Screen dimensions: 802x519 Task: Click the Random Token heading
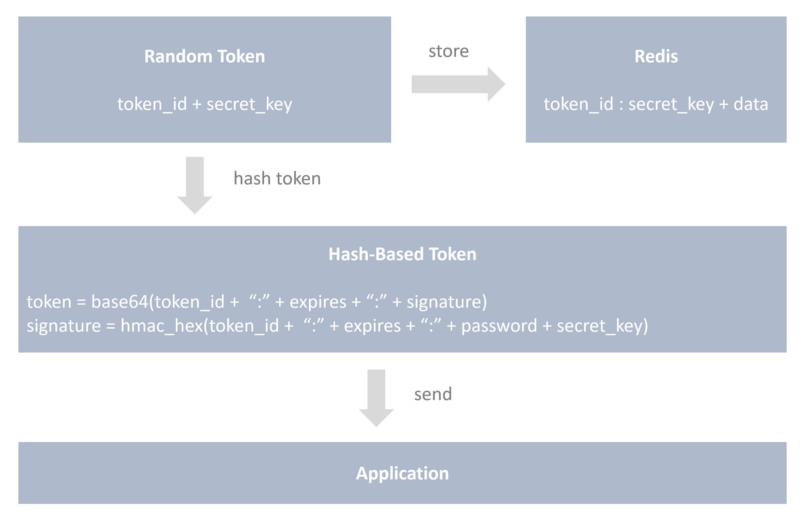click(x=204, y=56)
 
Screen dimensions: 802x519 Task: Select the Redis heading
click(x=656, y=56)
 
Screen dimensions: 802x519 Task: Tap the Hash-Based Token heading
click(x=402, y=254)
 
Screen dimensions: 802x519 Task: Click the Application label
click(x=402, y=473)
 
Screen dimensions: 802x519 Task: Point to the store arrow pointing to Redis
click(x=458, y=84)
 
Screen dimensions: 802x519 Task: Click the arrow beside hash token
click(x=195, y=185)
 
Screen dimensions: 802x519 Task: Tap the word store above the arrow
click(x=448, y=52)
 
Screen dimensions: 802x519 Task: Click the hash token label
click(x=277, y=178)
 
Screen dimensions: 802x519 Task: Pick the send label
click(x=433, y=394)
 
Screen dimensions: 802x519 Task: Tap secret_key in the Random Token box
click(x=249, y=104)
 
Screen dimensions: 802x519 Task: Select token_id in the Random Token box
click(x=152, y=104)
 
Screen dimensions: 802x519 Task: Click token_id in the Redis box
click(x=579, y=104)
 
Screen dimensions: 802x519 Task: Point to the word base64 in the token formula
click(x=120, y=302)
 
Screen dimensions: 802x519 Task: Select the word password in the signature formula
click(x=499, y=326)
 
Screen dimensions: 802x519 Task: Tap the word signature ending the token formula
click(x=444, y=302)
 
